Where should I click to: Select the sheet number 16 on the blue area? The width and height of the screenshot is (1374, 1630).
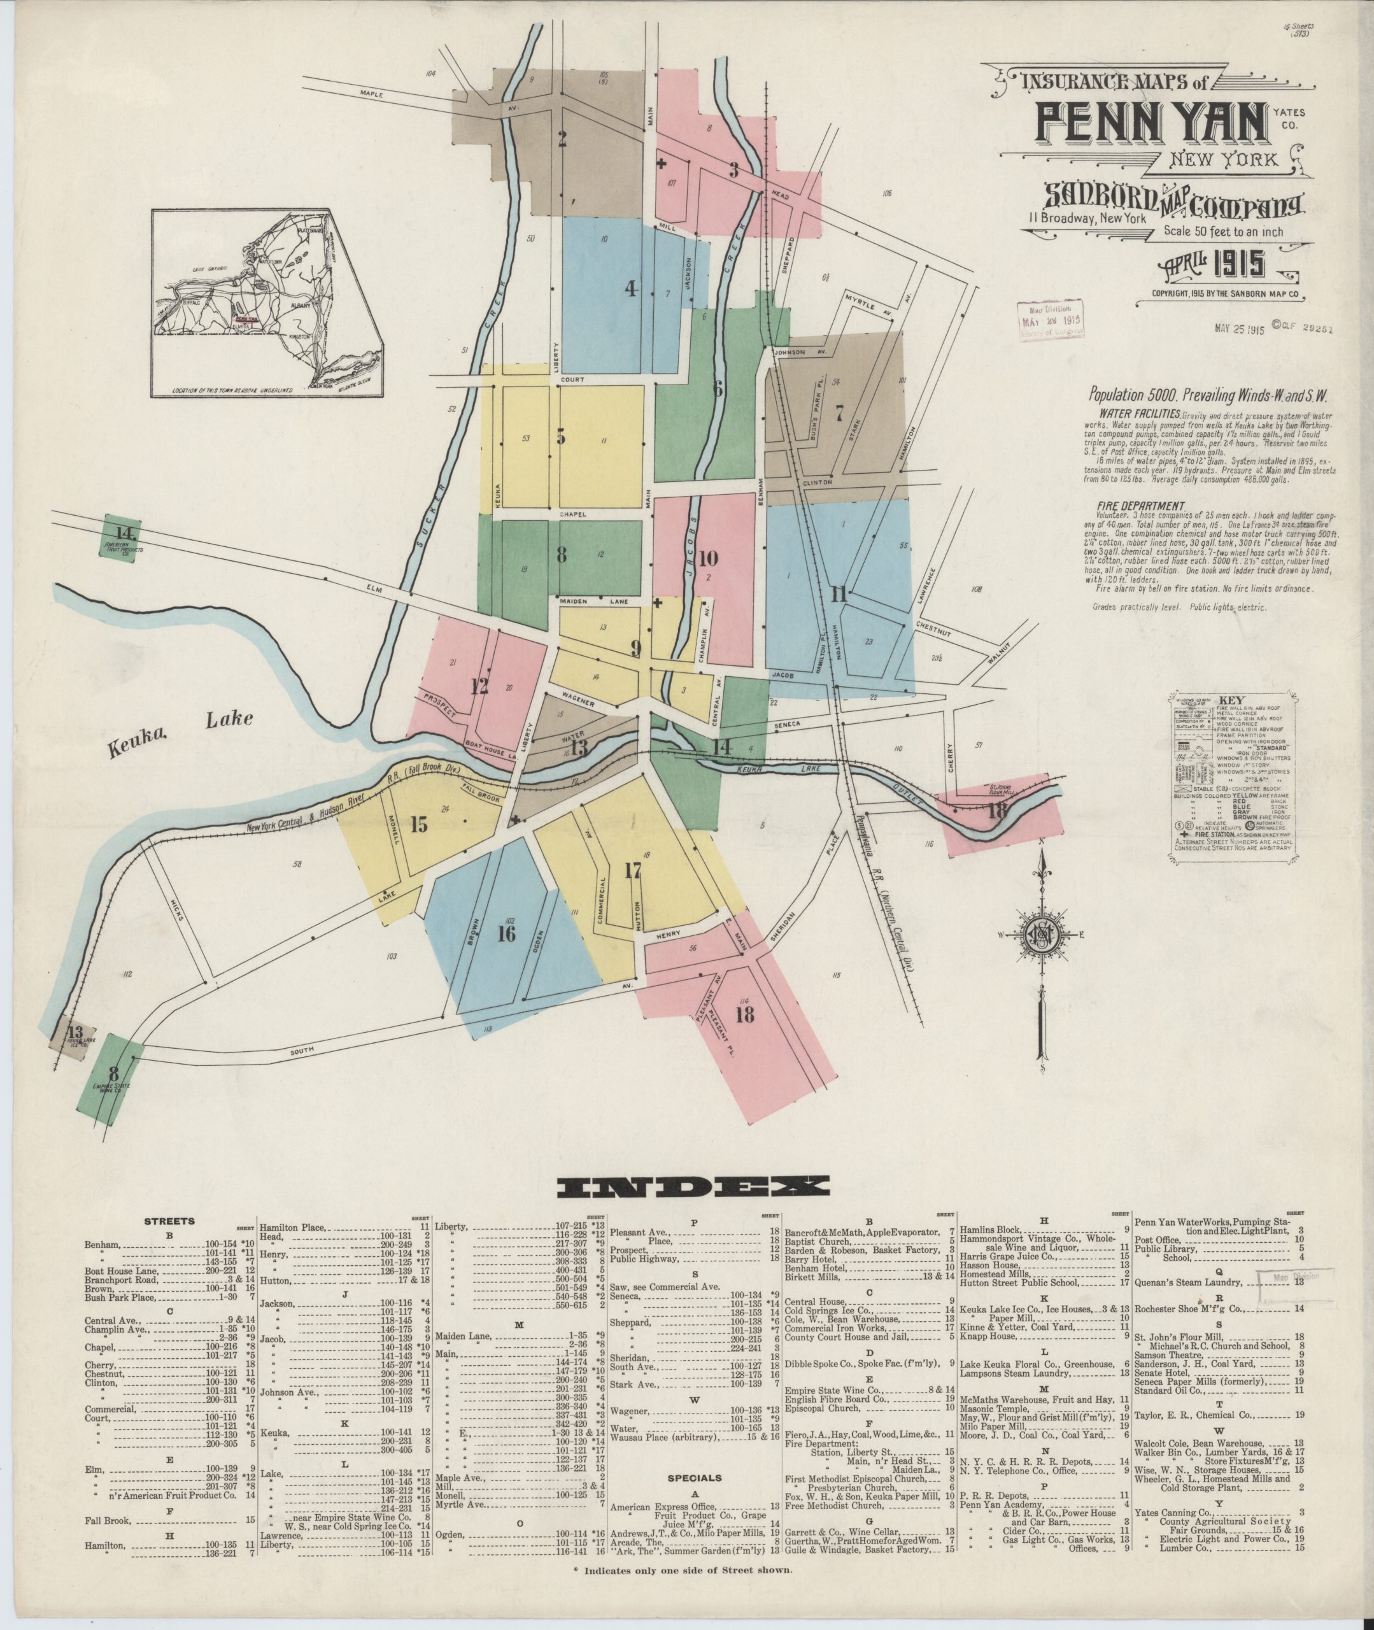(x=506, y=934)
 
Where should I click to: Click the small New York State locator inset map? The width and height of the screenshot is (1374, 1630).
(x=247, y=304)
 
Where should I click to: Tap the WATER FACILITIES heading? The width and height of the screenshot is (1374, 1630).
(x=1140, y=415)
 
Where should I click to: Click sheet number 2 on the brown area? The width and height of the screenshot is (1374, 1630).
(x=562, y=139)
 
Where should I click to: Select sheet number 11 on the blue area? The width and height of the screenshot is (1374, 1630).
(x=838, y=595)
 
